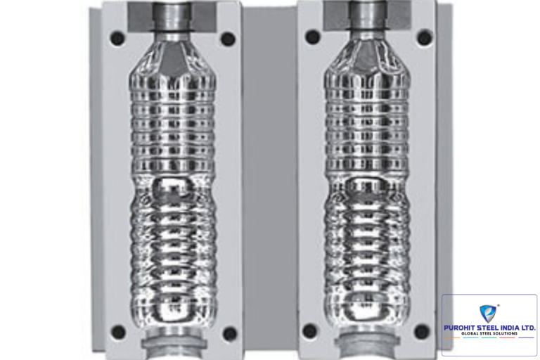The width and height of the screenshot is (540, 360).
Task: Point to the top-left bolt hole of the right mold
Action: tap(312, 37)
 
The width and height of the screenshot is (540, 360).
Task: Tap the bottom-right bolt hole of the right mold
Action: tap(422, 331)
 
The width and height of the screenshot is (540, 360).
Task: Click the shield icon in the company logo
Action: tap(488, 314)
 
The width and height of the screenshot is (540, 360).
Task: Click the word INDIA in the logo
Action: tap(509, 328)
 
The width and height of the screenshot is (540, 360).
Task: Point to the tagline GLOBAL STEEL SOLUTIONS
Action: tap(489, 333)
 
